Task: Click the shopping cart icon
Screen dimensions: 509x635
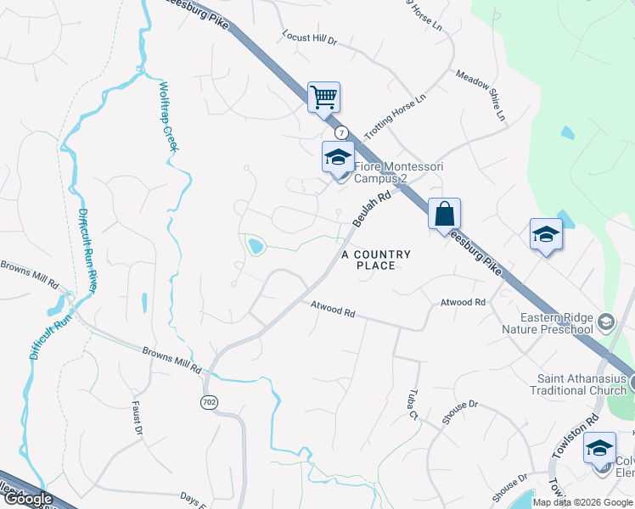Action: pos(323,97)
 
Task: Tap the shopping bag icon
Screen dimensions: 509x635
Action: pos(444,213)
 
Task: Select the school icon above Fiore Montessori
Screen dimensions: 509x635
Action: pos(337,157)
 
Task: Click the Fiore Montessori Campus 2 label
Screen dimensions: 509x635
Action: pos(387,172)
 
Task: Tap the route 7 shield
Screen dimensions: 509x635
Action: pos(341,133)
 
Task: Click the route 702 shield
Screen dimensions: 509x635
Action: pos(209,400)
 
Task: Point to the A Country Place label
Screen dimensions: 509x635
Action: pos(376,260)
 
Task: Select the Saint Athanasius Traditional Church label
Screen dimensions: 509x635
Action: pos(582,384)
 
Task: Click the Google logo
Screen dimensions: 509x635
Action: pos(29,499)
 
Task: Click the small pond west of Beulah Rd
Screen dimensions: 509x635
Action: pos(254,247)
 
